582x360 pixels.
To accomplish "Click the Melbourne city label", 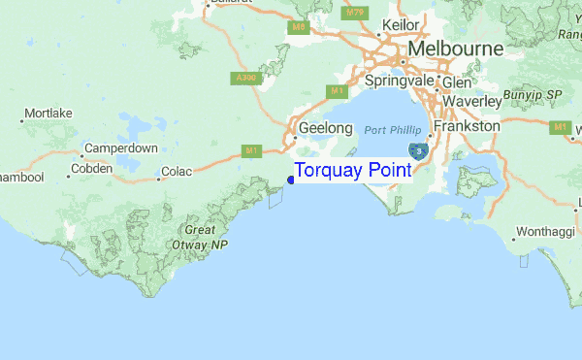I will pos(455,49).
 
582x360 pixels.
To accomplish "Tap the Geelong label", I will pos(324,127).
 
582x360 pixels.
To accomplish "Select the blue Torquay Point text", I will pos(352,170).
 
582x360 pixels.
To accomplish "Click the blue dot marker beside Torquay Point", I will pos(291,178).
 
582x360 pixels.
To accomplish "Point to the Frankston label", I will pos(468,126).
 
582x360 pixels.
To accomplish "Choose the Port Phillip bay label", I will pos(395,130).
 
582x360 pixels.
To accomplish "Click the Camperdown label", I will pos(120,148).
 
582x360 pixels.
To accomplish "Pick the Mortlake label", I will pos(48,115).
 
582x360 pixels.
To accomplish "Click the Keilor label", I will pos(401,24).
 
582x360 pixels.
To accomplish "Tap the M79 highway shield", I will pos(356,13).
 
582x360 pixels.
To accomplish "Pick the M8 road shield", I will pos(299,27).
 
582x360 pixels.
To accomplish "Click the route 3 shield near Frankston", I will pos(417,150).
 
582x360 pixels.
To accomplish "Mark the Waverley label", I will pos(471,101).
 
